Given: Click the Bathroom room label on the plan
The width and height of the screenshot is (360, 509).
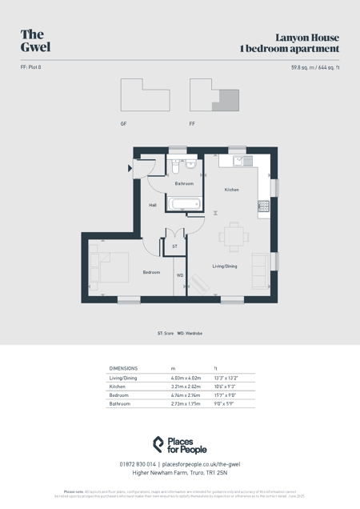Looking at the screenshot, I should pyautogui.click(x=185, y=184).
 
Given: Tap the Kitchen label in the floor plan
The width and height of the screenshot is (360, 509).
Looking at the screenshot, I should pyautogui.click(x=231, y=190).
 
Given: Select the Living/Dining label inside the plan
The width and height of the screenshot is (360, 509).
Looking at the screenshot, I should pyautogui.click(x=224, y=266).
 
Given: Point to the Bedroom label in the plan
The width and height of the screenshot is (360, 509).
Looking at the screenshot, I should pyautogui.click(x=151, y=272).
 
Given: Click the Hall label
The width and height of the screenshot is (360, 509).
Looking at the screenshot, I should pyautogui.click(x=153, y=205).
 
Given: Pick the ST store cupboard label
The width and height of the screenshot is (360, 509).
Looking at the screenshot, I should pyautogui.click(x=174, y=246).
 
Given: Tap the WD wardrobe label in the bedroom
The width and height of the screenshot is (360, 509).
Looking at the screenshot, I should pyautogui.click(x=180, y=275).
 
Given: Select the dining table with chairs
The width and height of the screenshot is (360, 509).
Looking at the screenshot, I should pyautogui.click(x=233, y=236).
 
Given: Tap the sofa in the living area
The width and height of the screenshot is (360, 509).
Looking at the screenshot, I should pyautogui.click(x=260, y=266).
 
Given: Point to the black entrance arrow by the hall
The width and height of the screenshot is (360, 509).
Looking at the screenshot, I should pyautogui.click(x=130, y=168).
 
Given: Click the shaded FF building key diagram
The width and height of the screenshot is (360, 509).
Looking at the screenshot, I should pyautogui.click(x=214, y=95).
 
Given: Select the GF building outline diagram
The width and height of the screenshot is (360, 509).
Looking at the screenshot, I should pyautogui.click(x=145, y=95).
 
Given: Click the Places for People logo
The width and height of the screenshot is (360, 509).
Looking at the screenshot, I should pyautogui.click(x=180, y=445).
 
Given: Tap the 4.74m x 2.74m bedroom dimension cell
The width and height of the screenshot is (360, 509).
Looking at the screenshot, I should pyautogui.click(x=185, y=395).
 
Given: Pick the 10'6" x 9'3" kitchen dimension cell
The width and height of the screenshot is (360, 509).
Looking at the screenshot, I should pyautogui.click(x=225, y=387).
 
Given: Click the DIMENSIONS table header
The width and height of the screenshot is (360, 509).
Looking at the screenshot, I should pyautogui.click(x=123, y=368).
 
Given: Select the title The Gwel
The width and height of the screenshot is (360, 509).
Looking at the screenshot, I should pyautogui.click(x=35, y=40).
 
